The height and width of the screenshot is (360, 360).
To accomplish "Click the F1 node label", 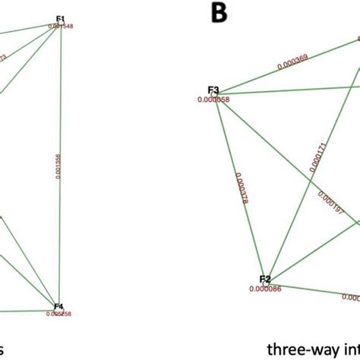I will pos(61,18).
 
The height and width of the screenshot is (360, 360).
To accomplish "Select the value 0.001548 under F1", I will pos(61,27).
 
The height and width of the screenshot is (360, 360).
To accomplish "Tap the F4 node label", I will pos(59,305).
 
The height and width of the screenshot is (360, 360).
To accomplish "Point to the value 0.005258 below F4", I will pos(59,313).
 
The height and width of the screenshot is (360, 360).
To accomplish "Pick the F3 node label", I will pos(213,91).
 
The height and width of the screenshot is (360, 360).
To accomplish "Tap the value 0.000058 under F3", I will pos(213,99).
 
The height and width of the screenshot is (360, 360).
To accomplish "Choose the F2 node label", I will pos(265,279).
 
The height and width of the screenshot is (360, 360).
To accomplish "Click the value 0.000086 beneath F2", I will pos(264,289).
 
